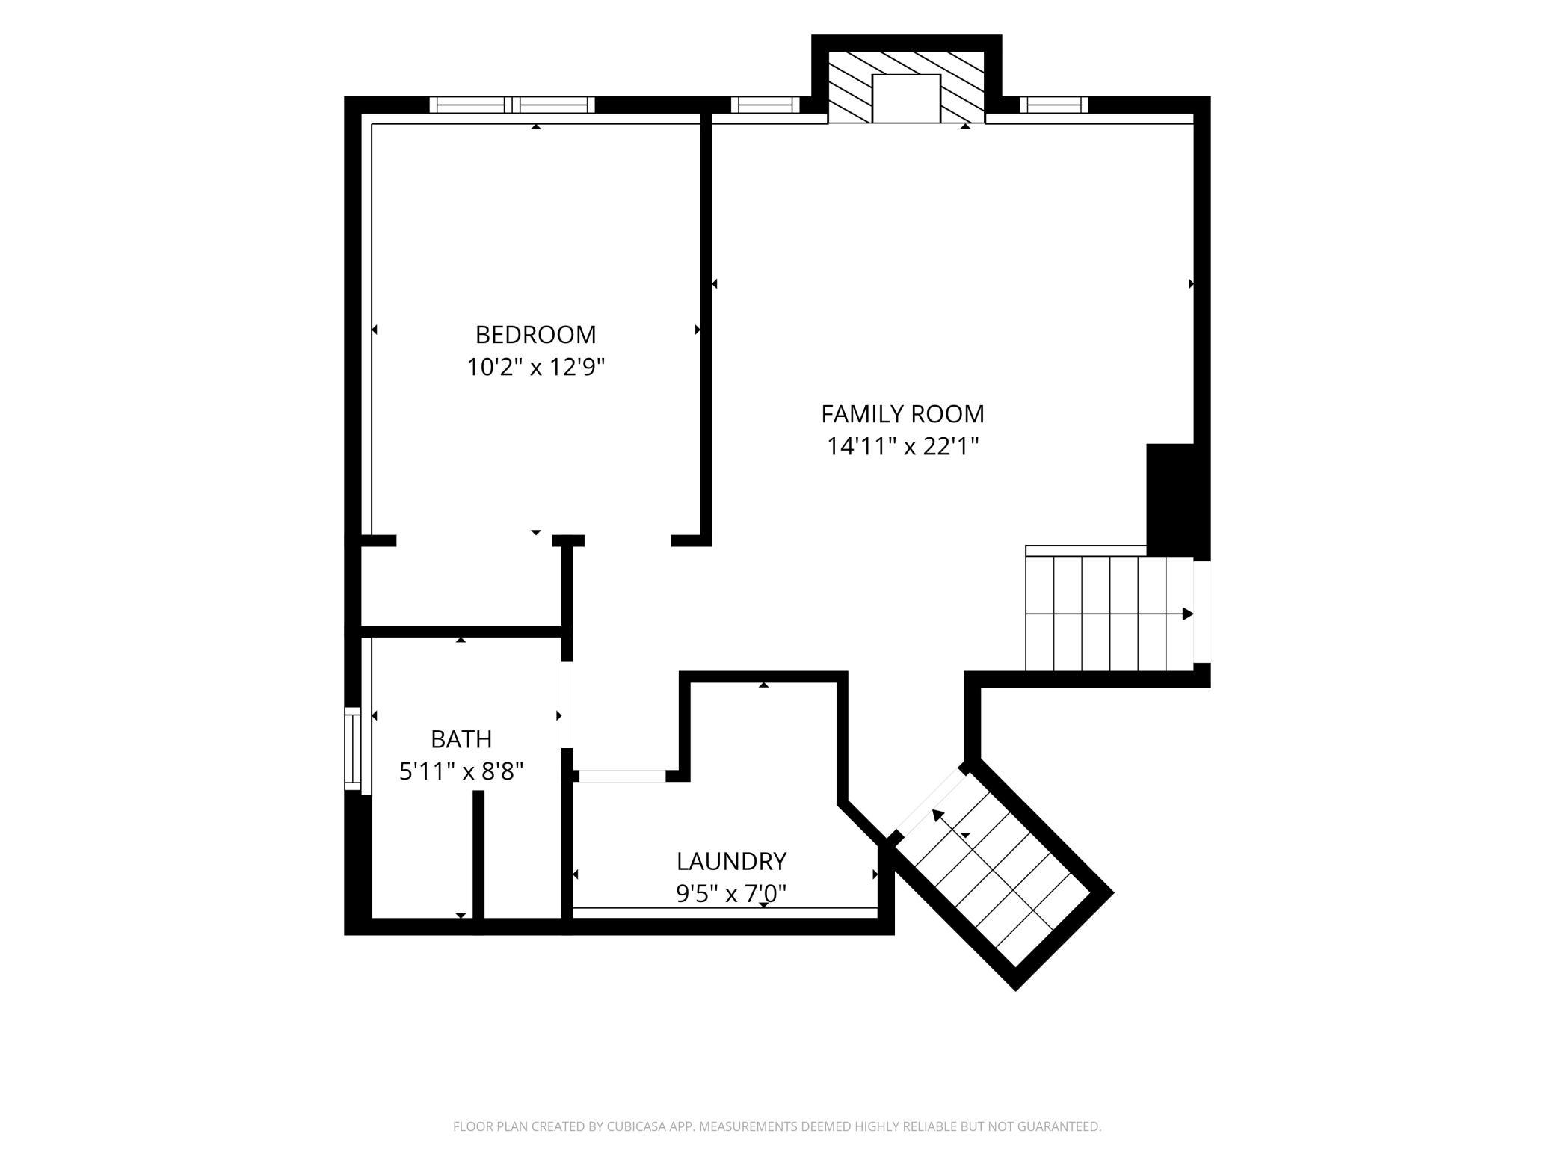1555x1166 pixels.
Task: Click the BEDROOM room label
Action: pos(535,334)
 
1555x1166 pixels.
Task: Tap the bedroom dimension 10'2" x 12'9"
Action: pos(535,368)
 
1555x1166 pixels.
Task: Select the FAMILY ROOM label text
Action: pos(902,414)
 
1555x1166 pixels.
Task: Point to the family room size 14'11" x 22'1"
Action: pos(902,447)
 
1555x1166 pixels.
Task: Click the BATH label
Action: pos(461,739)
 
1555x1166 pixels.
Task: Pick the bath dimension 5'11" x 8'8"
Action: pos(461,771)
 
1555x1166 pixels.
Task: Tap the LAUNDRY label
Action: pos(731,862)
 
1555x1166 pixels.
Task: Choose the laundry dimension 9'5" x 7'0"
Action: pos(731,893)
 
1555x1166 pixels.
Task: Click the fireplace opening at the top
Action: pos(906,99)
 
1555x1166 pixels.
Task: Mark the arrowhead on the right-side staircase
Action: pos(1188,614)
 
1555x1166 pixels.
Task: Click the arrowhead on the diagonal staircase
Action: pos(937,815)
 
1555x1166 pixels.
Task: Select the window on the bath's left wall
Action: pos(353,748)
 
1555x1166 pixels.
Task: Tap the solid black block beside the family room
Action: pos(1170,500)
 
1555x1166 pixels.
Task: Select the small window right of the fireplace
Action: pos(1054,105)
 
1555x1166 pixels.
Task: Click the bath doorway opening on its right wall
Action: pos(567,705)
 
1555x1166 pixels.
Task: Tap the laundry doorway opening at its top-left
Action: pos(622,776)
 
